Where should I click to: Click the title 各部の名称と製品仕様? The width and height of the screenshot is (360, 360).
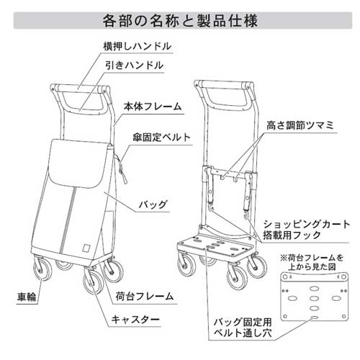point(180,21)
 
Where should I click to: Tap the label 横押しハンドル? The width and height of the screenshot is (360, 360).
point(138,46)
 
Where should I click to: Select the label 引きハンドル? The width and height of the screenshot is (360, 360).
point(135,66)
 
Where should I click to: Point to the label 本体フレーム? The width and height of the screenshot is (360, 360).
point(153,107)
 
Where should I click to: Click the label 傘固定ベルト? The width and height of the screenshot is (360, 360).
point(162,138)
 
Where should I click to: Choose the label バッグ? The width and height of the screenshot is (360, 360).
point(153,204)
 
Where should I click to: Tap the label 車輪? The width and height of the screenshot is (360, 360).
point(27,297)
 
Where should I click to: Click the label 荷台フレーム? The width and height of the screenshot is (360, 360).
point(144,297)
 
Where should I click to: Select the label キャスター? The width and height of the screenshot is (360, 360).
point(135,320)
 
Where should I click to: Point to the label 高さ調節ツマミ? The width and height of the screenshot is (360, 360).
point(300,125)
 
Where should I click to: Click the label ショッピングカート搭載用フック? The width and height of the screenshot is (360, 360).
point(307,230)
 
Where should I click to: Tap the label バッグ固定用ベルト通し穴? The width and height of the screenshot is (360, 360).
point(243,328)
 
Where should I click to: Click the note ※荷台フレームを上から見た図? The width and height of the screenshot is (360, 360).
point(312,262)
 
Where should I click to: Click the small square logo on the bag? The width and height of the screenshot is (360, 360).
point(86,248)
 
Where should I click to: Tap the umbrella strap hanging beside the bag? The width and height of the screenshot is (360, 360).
point(121,169)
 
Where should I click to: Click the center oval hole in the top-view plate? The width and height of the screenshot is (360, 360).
point(314,298)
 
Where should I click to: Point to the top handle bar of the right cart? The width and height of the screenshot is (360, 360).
point(224,85)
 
